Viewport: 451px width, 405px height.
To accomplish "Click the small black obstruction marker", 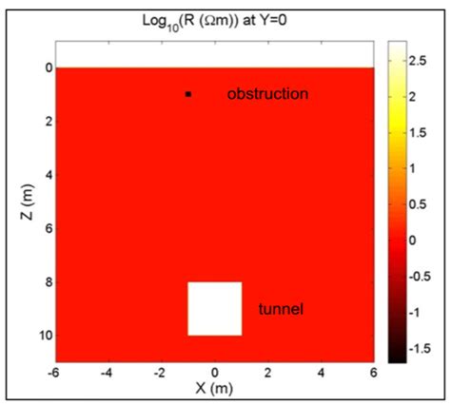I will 188,94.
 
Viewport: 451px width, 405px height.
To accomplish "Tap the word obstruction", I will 268,94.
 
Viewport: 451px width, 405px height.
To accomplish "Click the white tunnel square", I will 214,308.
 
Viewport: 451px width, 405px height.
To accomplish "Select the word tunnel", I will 281,310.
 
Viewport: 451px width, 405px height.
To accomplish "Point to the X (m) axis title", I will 214,388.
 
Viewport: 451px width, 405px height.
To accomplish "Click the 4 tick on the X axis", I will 323,374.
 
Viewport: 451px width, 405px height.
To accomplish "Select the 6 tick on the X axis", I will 375,374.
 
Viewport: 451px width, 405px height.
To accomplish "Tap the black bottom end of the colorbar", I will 398,357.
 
